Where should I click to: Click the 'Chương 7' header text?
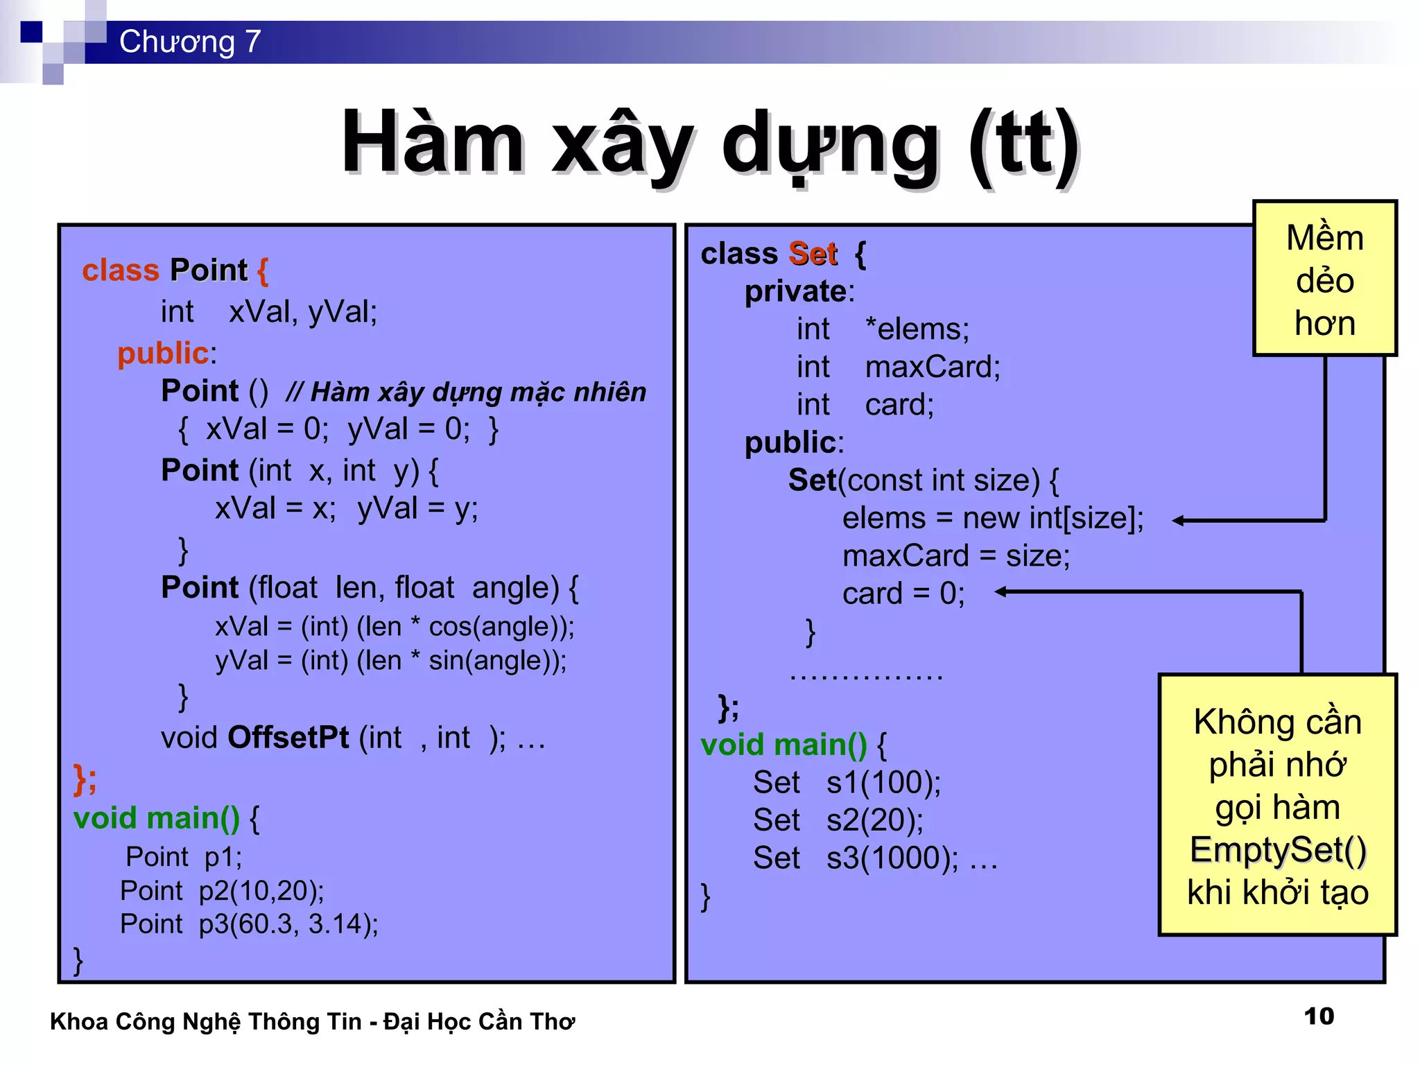(189, 42)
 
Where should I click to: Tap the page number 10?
(1319, 1016)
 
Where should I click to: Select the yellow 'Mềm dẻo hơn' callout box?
(1324, 279)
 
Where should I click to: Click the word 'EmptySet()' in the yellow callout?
(1278, 850)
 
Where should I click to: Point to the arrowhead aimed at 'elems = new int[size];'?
(1178, 520)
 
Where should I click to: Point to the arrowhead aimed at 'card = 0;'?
(1001, 591)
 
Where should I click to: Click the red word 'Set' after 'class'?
(813, 254)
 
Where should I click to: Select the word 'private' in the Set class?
(796, 292)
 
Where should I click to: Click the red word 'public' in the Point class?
(163, 354)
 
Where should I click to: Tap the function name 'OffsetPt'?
(288, 738)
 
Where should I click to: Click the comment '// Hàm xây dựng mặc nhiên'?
(466, 392)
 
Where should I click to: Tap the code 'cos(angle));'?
(501, 627)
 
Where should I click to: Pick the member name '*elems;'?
(917, 329)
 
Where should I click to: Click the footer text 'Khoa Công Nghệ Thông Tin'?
(206, 1022)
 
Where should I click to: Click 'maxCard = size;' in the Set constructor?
(955, 556)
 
